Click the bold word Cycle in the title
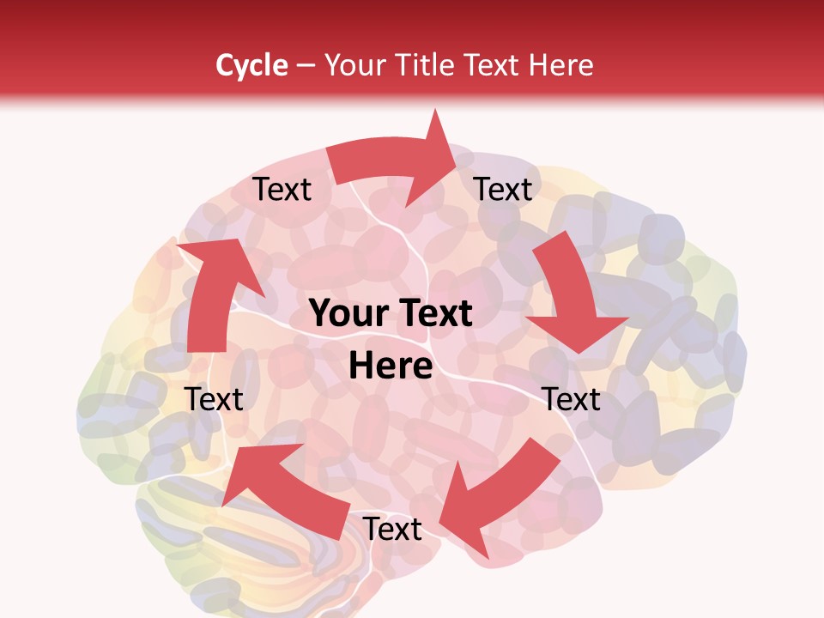251,65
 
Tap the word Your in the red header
354,65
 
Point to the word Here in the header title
561,65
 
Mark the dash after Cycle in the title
306,65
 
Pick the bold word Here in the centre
391,367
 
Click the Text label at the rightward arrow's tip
503,189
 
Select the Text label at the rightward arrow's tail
282,189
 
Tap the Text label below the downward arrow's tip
572,399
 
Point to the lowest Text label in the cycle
392,530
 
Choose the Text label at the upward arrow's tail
215,399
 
